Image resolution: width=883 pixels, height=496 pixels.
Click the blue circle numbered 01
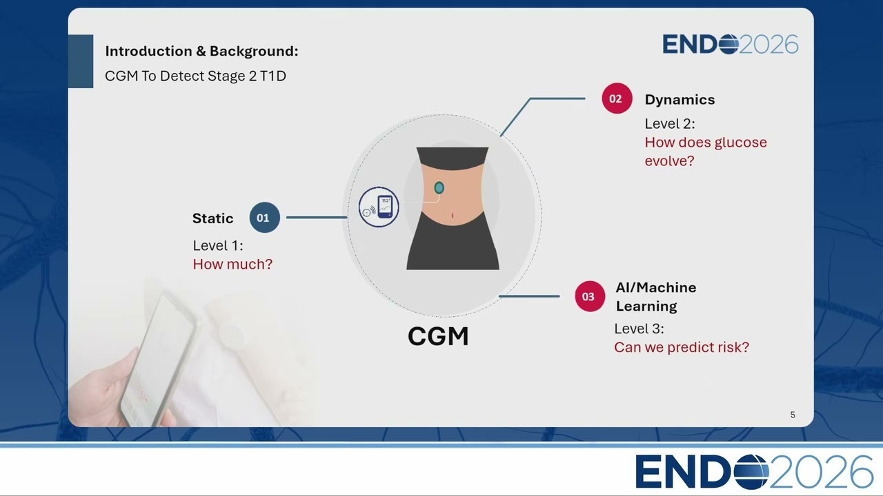pos(264,217)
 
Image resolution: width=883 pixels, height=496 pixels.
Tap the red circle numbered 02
pos(617,98)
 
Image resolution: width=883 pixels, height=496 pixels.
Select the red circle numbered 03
pos(590,296)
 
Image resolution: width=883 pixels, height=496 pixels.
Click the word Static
pos(213,218)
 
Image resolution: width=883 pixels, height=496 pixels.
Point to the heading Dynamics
pos(679,100)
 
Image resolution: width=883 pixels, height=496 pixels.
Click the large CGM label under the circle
pos(438,336)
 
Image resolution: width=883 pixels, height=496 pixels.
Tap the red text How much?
pos(232,264)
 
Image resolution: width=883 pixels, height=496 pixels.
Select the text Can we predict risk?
pos(682,347)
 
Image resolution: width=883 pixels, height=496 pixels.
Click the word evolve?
pos(669,161)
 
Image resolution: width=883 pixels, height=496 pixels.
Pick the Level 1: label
pos(218,246)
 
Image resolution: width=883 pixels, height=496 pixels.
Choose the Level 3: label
pos(639,329)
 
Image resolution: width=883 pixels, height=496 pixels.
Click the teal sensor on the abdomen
pos(439,188)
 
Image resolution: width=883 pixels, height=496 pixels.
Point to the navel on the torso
pos(452,215)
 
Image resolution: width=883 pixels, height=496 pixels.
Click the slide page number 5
pos(793,415)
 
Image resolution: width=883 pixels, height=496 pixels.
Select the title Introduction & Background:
pos(201,51)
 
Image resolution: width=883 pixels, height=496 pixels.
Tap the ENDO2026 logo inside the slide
pos(731,44)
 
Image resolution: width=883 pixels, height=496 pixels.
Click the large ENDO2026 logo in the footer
pos(754,472)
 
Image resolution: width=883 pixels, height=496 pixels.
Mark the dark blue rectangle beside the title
pos(81,61)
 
